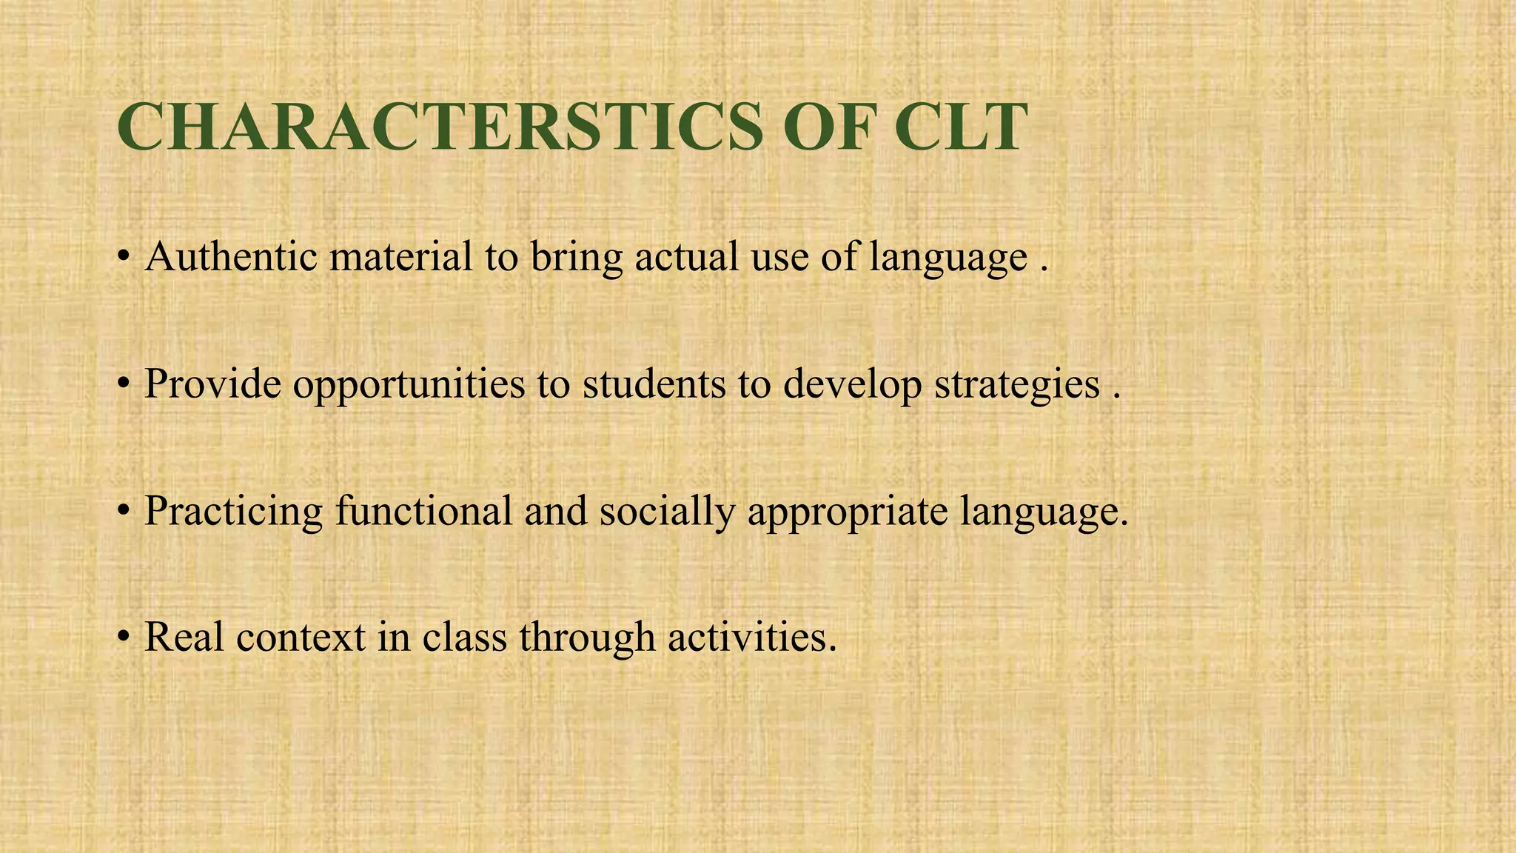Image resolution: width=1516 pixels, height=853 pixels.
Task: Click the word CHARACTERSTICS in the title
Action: [440, 127]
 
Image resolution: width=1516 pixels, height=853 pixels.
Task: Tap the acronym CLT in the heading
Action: [961, 127]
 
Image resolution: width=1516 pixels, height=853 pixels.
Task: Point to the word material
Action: [400, 257]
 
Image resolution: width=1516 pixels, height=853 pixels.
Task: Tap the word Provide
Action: [212, 384]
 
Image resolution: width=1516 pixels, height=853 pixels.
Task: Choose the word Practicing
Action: [233, 512]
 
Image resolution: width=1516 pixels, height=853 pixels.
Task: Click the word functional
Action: [423, 510]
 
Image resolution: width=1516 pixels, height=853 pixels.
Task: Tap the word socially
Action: [667, 512]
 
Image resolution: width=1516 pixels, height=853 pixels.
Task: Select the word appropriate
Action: [848, 512]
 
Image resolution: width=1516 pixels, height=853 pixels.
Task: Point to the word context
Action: [301, 638]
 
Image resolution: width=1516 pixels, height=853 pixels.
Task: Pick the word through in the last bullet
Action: [587, 638]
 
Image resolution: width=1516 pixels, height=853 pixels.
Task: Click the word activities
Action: [752, 638]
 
